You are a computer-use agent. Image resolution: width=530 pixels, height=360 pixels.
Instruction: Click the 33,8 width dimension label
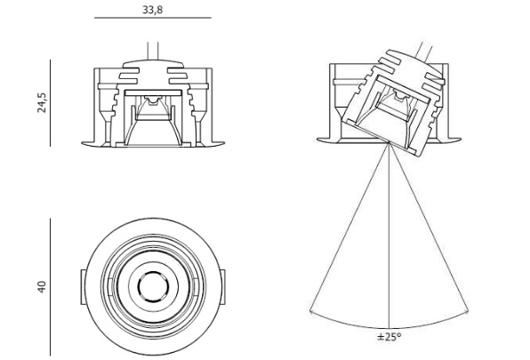pos(152,10)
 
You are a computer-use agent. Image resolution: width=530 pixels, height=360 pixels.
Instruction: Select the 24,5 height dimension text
pos(43,102)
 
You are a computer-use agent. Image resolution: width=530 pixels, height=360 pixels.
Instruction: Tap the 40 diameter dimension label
pos(41,287)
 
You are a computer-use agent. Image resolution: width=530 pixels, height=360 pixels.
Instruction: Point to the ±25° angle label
pos(389,337)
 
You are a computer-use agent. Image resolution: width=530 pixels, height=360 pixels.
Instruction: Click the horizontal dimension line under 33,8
pos(153,18)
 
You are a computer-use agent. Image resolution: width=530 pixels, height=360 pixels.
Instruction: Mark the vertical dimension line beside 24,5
pos(51,103)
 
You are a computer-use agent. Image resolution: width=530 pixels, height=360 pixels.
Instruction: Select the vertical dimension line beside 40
pos(51,287)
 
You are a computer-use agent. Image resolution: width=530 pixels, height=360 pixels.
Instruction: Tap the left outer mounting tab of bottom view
pos(83,287)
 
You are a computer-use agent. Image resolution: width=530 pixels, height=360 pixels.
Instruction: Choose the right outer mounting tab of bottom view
pos(222,287)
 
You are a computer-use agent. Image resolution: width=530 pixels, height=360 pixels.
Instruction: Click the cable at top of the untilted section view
pos(153,52)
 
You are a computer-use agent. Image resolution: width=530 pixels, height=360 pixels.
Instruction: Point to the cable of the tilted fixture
pos(425,50)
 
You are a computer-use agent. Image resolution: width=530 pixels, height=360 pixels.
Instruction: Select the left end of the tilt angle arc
pos(310,310)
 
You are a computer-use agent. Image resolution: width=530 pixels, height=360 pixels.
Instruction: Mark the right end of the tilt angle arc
pos(468,310)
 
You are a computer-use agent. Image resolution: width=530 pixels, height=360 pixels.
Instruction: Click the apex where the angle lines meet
pos(389,143)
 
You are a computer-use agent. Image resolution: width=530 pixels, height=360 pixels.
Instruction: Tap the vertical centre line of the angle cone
pos(389,236)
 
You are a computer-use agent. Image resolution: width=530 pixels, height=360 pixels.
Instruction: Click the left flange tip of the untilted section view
pos(83,143)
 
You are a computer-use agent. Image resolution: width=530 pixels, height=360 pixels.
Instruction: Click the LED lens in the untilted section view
pos(153,100)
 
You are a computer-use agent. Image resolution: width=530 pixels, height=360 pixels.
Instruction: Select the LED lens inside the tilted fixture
pos(399,98)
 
